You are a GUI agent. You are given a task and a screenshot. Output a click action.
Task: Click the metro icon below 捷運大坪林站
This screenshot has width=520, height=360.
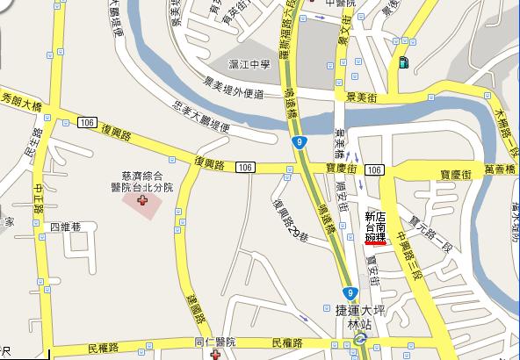click(359, 335)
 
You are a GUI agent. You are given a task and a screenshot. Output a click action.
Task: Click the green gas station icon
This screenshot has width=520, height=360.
click(403, 61)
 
